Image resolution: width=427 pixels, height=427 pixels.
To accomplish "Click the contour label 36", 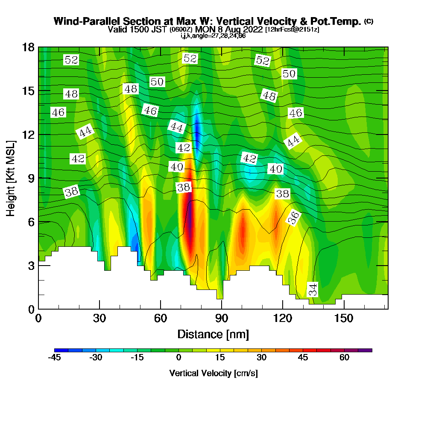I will point(293,218).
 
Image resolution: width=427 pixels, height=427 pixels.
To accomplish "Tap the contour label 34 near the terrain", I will point(313,290).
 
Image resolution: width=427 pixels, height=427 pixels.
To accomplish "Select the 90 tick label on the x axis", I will point(222,319).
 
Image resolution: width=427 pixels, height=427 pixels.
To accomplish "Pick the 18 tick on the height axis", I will point(28,47).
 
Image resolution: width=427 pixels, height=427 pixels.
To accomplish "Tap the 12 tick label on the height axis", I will point(28,135).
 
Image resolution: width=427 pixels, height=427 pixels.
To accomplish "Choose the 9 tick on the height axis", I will point(31,178).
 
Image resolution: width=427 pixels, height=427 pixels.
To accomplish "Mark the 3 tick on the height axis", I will point(31,266).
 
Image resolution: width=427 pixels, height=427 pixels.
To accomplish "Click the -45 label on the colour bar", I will point(54,357).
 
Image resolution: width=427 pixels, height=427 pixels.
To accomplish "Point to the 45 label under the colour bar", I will point(303,357).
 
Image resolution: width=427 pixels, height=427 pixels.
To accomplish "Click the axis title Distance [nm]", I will point(213,333).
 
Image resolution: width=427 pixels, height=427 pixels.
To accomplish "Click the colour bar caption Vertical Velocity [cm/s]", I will point(213,373).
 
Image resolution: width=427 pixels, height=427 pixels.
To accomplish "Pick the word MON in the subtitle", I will point(205,29).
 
